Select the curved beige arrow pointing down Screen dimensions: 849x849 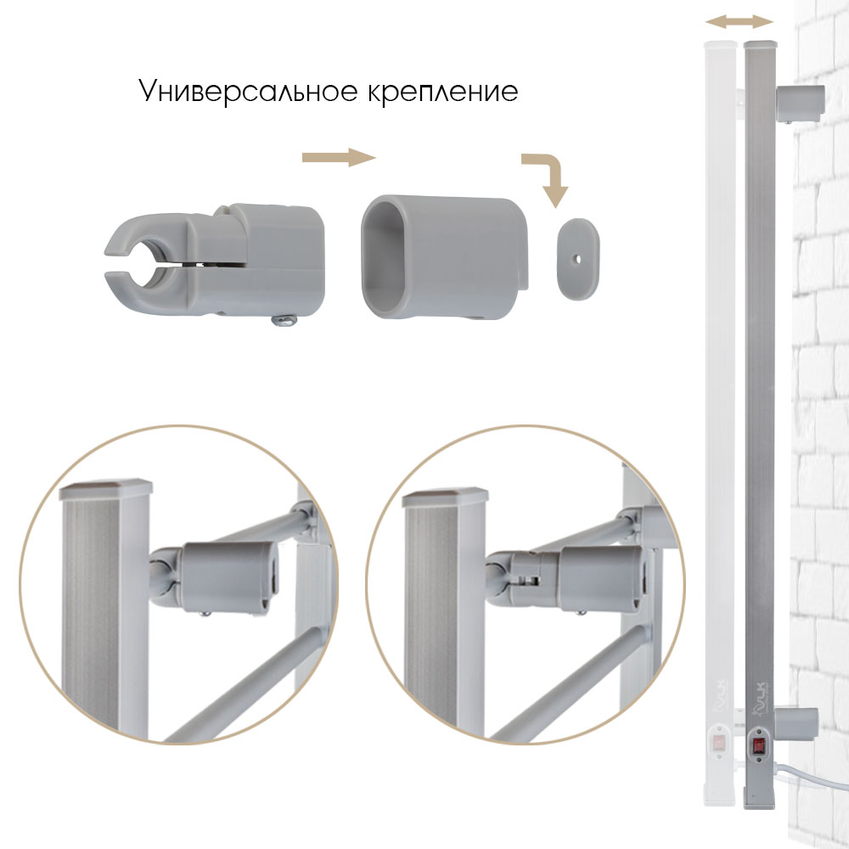pyautogui.click(x=547, y=177)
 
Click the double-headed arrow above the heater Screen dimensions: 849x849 pyautogui.click(x=739, y=21)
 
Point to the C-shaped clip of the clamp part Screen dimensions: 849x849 pyautogui.click(x=136, y=252)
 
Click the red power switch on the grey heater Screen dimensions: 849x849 pyautogui.click(x=756, y=748)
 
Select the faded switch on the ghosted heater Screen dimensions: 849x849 pyautogui.click(x=717, y=745)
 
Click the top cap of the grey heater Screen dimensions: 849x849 pyautogui.click(x=759, y=42)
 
